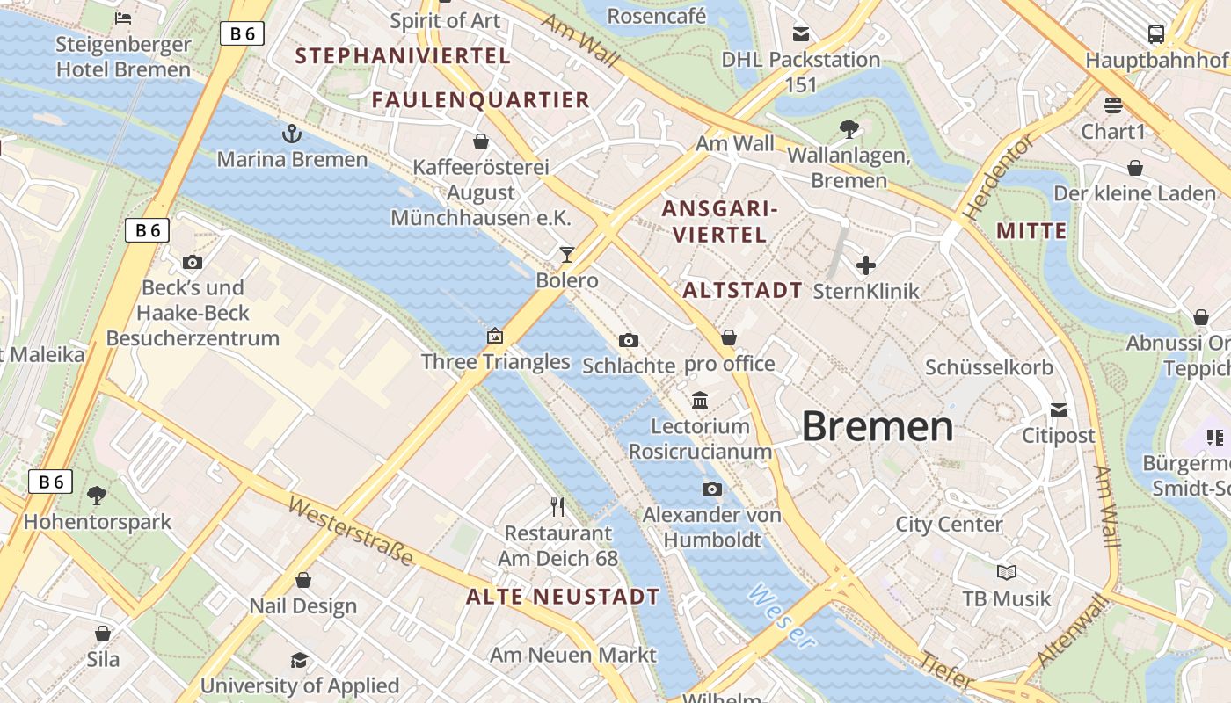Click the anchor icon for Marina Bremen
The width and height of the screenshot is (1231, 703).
tap(291, 134)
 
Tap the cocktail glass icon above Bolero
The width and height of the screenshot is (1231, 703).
tap(567, 255)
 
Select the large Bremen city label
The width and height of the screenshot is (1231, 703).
tap(877, 426)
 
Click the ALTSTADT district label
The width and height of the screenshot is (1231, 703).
tap(742, 290)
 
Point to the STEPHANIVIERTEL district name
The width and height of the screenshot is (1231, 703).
tap(402, 56)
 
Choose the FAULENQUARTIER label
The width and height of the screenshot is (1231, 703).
tap(480, 100)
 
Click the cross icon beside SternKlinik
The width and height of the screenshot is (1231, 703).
tap(866, 265)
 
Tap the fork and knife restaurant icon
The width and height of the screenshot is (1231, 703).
tap(557, 506)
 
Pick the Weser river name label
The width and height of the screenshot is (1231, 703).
tap(780, 616)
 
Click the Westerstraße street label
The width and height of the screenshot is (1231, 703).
tap(351, 533)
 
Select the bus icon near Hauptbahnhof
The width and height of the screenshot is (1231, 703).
tap(1156, 34)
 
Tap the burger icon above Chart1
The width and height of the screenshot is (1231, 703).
tap(1113, 105)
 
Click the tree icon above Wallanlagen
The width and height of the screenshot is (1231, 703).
tap(849, 129)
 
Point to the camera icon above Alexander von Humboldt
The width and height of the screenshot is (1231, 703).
tap(712, 489)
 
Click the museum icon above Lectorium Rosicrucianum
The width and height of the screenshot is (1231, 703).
tap(700, 401)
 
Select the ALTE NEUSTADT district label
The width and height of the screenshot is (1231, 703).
tap(563, 597)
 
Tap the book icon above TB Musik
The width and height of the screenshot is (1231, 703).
tap(1007, 573)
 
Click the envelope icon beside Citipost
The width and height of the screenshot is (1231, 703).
tap(1059, 409)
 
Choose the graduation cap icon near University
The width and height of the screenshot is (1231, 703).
tap(300, 660)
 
